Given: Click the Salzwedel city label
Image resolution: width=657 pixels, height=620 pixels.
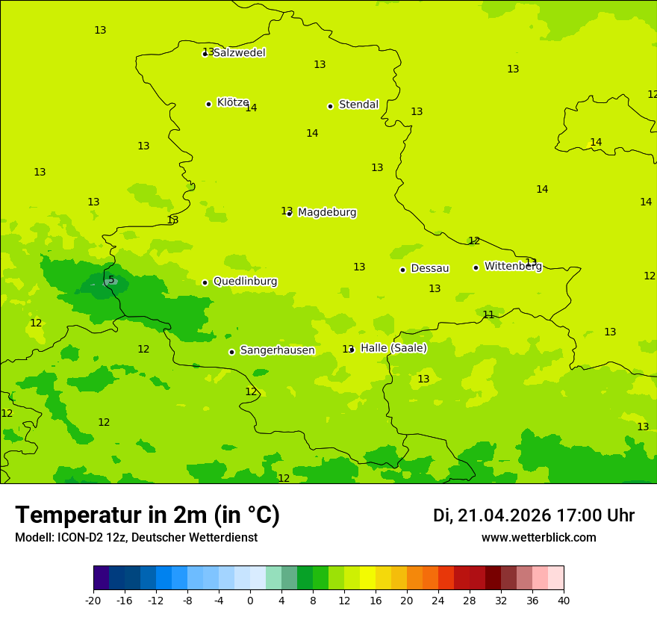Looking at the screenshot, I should point(239,53).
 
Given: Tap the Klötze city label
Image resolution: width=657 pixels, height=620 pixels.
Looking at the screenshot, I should point(232,102).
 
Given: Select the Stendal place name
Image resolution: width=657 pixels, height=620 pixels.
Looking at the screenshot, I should point(358,105).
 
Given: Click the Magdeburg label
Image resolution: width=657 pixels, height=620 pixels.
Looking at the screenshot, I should point(327,213).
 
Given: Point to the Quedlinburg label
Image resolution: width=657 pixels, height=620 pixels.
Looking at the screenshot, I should point(245,282).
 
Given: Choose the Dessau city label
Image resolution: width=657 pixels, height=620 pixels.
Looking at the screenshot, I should point(430,268).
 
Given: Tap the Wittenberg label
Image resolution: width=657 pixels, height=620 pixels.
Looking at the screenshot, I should point(513,266).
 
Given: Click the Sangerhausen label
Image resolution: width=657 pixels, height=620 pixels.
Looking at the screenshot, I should point(277,350).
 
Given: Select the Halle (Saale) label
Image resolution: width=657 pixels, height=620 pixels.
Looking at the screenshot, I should point(393,348).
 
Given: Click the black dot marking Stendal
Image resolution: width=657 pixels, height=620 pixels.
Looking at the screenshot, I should point(330,106).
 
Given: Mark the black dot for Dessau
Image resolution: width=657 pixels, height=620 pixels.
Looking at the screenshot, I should point(402,270).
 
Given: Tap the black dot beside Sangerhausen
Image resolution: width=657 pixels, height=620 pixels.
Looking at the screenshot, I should point(231,352).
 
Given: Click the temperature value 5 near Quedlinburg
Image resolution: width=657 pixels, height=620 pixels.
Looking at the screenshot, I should point(111,280).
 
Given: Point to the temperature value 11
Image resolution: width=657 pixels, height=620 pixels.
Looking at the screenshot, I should point(488,314).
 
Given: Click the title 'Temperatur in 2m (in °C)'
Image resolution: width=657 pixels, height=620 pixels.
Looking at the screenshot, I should point(147,515).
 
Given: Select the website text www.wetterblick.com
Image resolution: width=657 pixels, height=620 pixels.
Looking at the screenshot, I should point(538,538).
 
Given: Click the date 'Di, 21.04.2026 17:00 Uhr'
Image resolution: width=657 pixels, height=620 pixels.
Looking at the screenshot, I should point(533,515).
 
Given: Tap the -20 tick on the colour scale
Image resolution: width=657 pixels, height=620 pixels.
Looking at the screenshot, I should point(93,601).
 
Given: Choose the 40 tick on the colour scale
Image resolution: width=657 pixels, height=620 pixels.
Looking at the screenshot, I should point(564,601).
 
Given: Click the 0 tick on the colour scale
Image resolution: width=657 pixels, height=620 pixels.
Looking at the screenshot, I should point(250,601).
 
